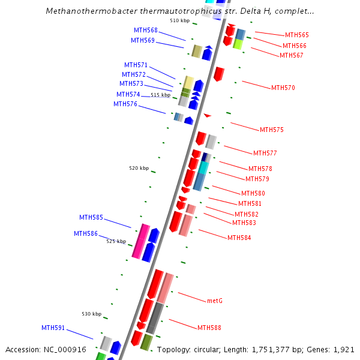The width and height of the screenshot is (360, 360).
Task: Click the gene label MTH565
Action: pos(297,35)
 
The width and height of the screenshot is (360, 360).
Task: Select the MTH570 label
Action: pos(283,88)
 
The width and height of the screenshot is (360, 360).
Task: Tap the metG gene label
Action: pos(215,301)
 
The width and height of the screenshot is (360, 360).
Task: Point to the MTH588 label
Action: pos(209,328)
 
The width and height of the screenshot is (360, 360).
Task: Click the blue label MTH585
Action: pos(91,218)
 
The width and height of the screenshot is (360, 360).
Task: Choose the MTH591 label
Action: pos(53,328)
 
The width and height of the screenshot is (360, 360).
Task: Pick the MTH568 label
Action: pos(146,31)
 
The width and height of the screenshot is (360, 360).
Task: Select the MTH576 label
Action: pos(125,104)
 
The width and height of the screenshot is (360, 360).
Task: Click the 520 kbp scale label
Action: pos(139,169)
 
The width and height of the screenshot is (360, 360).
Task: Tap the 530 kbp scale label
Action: pos(92,314)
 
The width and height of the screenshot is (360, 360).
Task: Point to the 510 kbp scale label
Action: pos(179,21)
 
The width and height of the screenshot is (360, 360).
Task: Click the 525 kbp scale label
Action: pos(116,241)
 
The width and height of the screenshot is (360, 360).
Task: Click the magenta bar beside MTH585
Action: pos(141,242)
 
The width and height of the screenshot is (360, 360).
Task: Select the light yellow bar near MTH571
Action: pos(188,82)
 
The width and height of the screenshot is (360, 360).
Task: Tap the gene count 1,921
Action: pos(344,349)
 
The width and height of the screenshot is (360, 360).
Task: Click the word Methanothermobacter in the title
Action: pos(88,11)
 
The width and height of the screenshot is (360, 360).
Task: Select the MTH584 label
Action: pos(239,238)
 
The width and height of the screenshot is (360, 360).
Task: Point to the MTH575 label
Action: pos(272,130)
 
